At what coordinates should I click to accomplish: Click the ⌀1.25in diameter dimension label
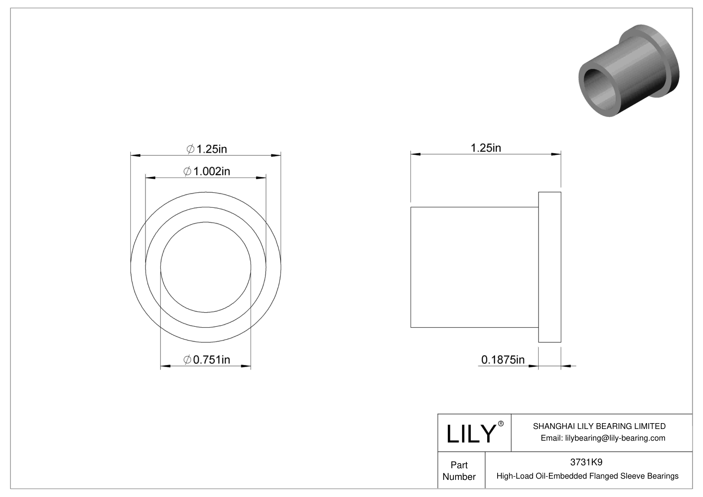(x=206, y=149)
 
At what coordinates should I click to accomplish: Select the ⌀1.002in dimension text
(x=207, y=172)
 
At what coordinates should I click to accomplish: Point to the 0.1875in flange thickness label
(x=503, y=360)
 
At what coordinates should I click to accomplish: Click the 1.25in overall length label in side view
(x=486, y=148)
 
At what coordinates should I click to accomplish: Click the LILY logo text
(x=470, y=434)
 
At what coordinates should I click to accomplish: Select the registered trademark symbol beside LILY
(x=501, y=424)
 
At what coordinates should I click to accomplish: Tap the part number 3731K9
(x=586, y=462)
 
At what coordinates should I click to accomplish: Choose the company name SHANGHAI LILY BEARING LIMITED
(x=599, y=426)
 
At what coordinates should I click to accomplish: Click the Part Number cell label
(x=459, y=471)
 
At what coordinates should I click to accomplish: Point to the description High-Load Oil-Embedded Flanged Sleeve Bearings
(x=587, y=476)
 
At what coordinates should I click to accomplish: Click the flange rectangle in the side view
(x=549, y=267)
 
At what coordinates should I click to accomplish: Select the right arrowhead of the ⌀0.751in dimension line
(x=246, y=366)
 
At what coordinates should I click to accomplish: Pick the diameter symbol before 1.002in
(x=187, y=172)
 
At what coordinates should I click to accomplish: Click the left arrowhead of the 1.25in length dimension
(x=416, y=154)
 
